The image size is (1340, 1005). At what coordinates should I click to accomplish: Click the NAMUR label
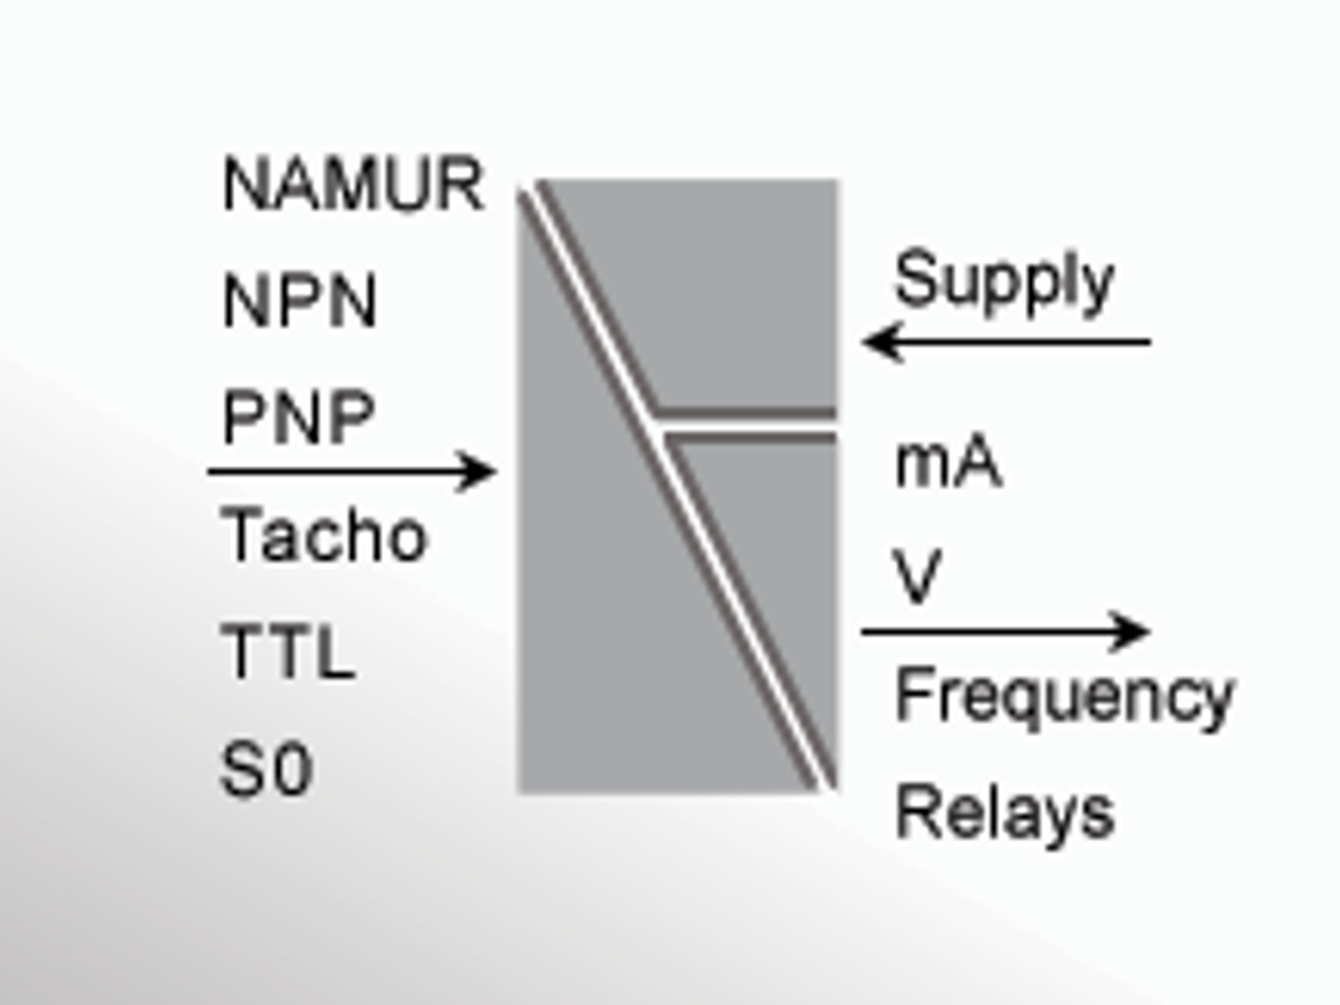(352, 184)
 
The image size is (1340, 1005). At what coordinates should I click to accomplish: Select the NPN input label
(299, 301)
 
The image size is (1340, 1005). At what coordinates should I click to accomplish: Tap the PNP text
(298, 417)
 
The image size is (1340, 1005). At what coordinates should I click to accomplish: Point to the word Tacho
(322, 535)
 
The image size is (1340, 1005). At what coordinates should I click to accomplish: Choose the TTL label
(288, 652)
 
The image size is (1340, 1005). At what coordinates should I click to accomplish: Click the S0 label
(266, 769)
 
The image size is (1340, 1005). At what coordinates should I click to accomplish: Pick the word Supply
(1004, 281)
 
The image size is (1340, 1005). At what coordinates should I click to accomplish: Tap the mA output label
(948, 462)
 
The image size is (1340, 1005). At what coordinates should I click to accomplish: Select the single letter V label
(916, 576)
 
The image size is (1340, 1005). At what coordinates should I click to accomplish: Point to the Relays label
(1004, 812)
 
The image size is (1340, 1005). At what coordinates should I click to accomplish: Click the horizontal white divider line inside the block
(747, 425)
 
